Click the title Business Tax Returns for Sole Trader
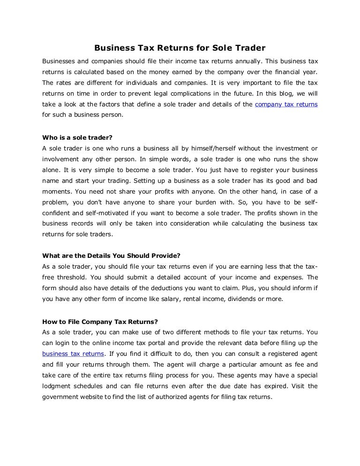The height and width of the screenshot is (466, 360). coord(180,48)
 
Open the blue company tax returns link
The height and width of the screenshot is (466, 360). coord(286,105)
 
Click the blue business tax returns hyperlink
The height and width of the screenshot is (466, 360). coord(73,353)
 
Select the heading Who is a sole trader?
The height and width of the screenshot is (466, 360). coord(77,138)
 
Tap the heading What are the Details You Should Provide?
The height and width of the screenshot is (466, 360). coord(111,256)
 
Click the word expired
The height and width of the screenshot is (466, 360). coord(273,386)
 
